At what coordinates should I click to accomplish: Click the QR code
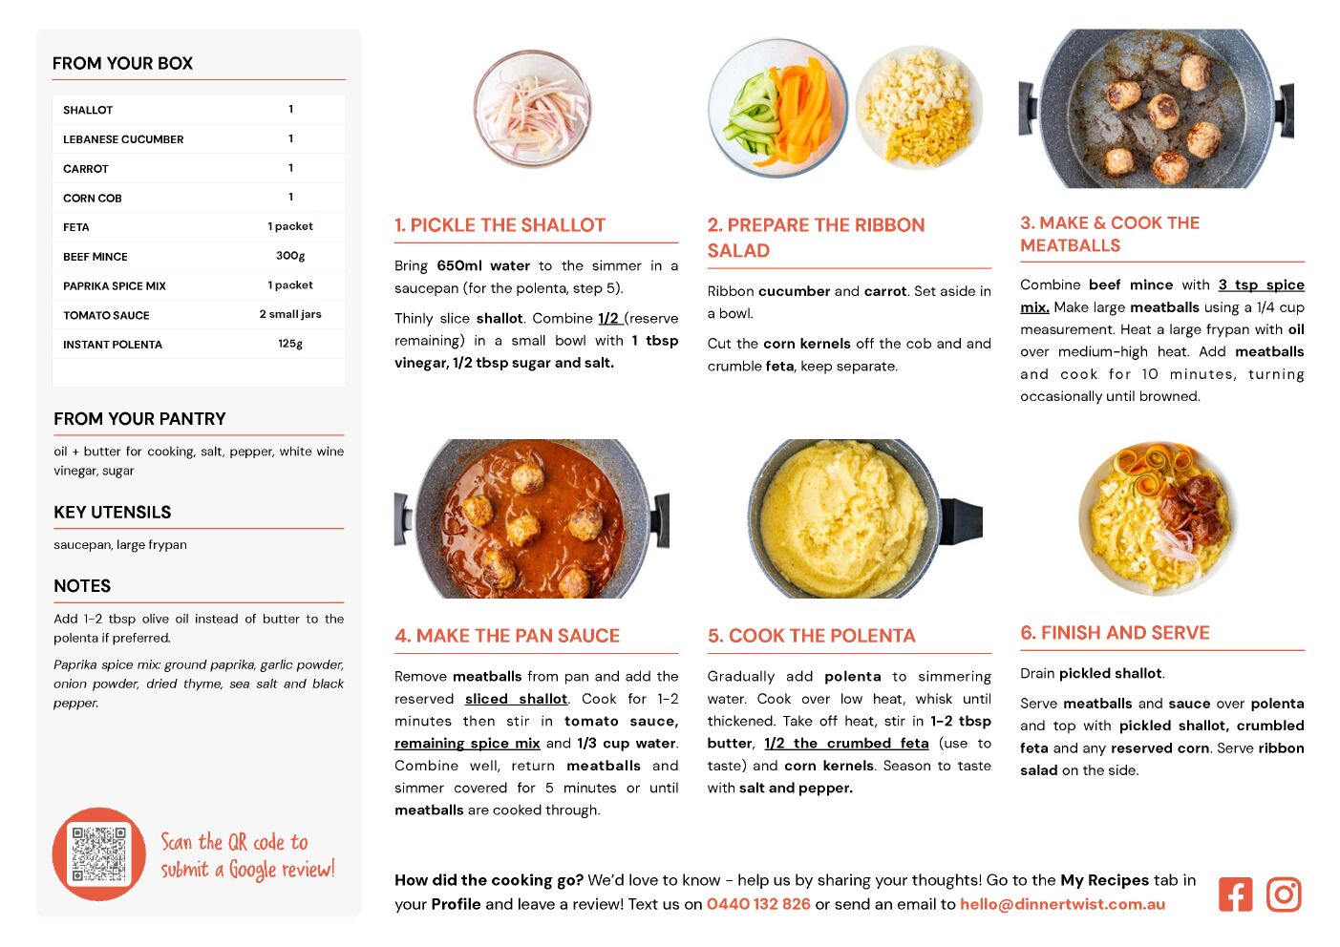click(x=99, y=853)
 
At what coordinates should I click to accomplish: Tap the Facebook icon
click(x=1235, y=894)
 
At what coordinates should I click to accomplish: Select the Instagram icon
click(x=1284, y=894)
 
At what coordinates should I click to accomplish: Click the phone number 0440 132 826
click(x=758, y=904)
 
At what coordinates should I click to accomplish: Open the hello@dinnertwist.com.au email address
click(x=1062, y=904)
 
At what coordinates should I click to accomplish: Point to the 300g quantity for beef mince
click(x=290, y=256)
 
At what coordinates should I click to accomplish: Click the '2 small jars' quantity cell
click(x=290, y=314)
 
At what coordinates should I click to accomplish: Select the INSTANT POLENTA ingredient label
click(x=113, y=345)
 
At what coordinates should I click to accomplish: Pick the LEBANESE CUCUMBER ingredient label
click(x=123, y=139)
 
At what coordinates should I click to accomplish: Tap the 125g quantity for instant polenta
click(x=290, y=344)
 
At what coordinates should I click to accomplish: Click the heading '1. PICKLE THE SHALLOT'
click(x=500, y=224)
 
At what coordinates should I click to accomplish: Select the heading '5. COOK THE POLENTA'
click(x=811, y=636)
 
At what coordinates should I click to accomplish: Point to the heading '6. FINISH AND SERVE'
click(x=1115, y=633)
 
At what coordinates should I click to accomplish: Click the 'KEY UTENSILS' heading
click(x=113, y=513)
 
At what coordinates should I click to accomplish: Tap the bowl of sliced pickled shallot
click(x=532, y=109)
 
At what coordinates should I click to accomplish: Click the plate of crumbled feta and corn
click(x=919, y=108)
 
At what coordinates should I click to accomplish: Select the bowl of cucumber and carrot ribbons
click(x=777, y=108)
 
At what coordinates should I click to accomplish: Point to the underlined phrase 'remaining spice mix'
click(x=467, y=743)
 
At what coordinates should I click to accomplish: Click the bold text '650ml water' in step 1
click(x=483, y=265)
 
